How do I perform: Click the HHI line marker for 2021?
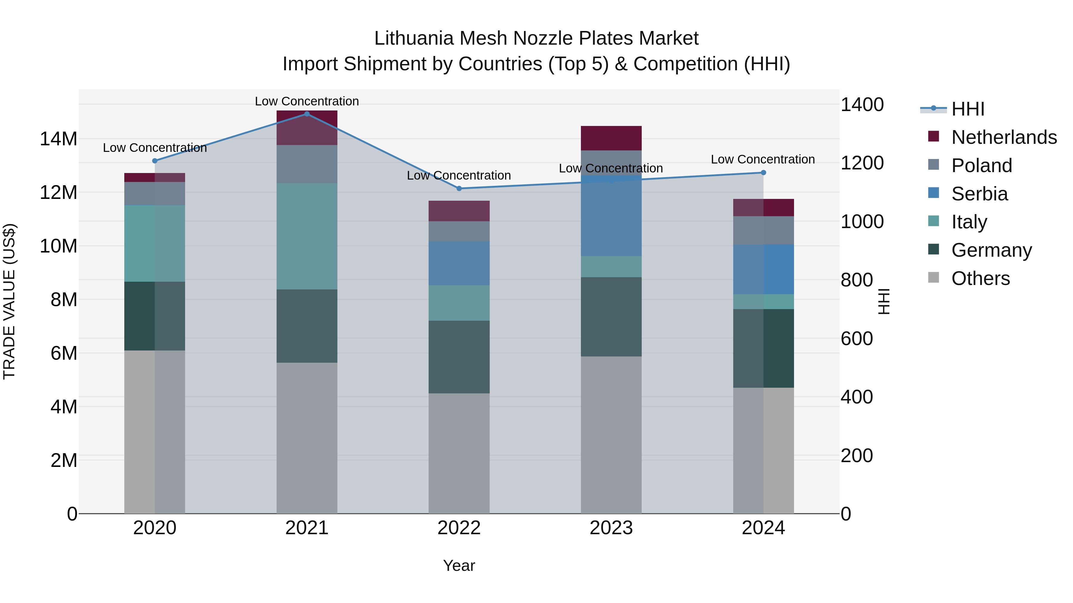[x=307, y=114]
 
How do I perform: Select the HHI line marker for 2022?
[x=459, y=188]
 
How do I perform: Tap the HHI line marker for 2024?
[x=764, y=172]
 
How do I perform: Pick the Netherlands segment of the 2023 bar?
[x=611, y=138]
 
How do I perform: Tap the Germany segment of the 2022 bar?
[x=459, y=357]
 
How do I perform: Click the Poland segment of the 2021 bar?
[x=307, y=164]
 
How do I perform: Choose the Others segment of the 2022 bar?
[x=459, y=453]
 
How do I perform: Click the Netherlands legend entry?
[x=1004, y=137]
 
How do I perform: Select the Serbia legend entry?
[x=979, y=194]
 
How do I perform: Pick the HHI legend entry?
[x=967, y=109]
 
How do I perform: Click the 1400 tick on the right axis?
[x=862, y=105]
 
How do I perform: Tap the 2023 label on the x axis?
[x=611, y=528]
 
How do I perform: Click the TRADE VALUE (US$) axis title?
[x=10, y=301]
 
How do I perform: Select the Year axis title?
[x=459, y=565]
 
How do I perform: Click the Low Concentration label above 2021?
[x=307, y=101]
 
